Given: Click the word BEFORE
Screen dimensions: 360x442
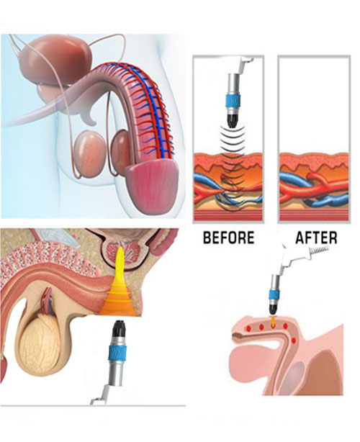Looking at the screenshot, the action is click(x=229, y=238).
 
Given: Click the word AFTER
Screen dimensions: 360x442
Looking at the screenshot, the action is click(x=316, y=238).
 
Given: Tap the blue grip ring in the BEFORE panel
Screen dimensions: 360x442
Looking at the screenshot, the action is click(x=234, y=101).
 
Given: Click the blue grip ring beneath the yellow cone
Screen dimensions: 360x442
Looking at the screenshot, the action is click(x=117, y=351).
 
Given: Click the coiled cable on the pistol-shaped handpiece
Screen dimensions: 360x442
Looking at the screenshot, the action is click(x=320, y=249).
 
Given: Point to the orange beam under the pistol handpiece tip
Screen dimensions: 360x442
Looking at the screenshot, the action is click(x=273, y=322).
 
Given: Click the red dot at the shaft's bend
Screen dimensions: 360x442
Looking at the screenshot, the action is click(x=294, y=340).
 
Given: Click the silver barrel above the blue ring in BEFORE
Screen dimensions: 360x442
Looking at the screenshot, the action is click(x=234, y=84).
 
